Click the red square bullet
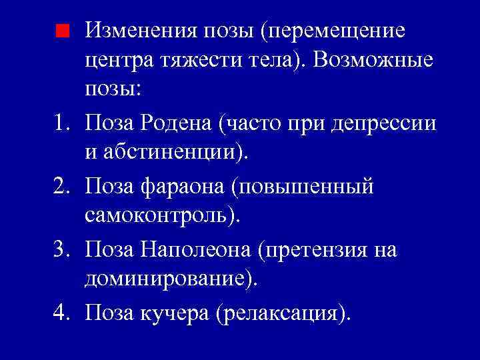(x=62, y=30)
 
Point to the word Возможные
(x=377, y=61)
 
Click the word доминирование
(x=167, y=280)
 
